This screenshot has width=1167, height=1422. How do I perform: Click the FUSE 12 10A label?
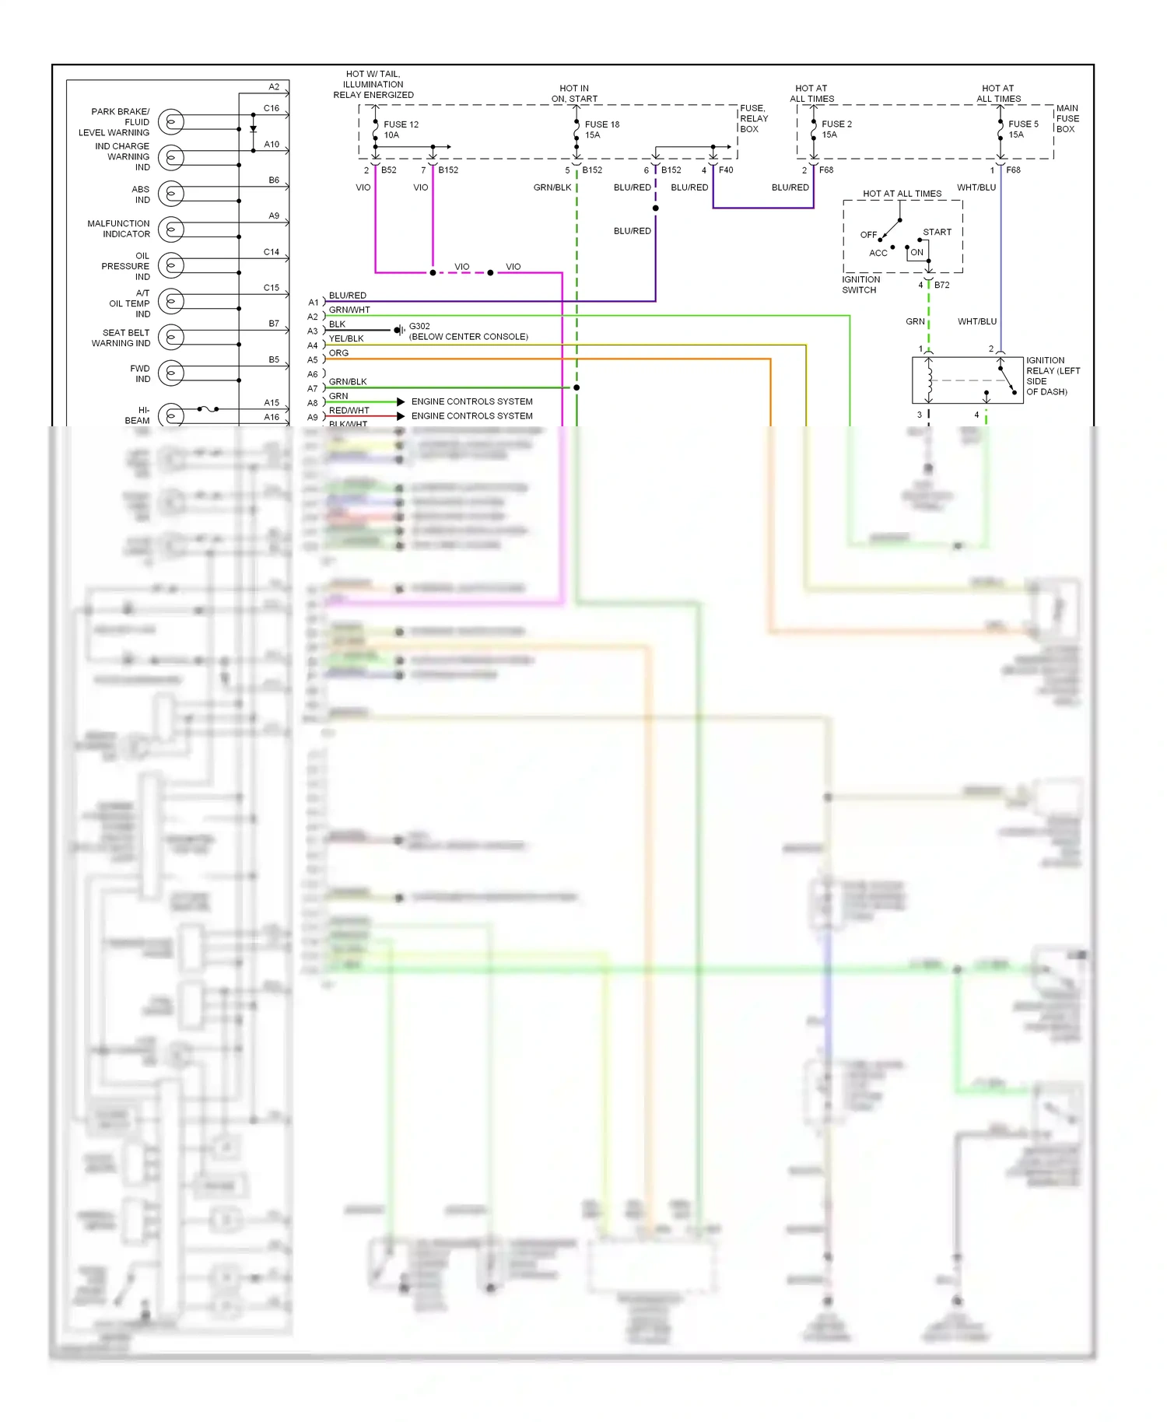[400, 129]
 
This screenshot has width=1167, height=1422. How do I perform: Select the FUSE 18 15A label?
[601, 129]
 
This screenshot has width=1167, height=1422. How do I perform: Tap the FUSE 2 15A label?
[836, 129]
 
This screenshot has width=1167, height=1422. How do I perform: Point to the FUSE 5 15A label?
[1022, 129]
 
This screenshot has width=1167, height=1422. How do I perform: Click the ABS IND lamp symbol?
[171, 193]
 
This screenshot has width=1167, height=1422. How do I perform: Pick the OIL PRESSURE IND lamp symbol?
[171, 265]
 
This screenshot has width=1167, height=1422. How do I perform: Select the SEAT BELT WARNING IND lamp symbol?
[171, 337]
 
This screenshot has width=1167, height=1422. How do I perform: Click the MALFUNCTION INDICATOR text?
[119, 229]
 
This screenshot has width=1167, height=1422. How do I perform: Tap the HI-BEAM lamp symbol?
[171, 415]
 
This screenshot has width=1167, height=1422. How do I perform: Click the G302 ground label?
[419, 326]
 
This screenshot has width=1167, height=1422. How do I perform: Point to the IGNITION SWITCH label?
[860, 285]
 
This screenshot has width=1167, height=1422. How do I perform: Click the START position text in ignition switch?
[937, 232]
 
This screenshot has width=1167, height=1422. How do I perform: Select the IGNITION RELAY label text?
[1052, 376]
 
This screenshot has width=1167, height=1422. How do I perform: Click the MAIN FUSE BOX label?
[1067, 119]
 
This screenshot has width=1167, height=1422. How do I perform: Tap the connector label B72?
[941, 285]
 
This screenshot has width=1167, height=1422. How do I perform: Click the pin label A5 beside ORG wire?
[313, 360]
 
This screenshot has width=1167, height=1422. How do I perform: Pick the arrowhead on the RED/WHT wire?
[401, 416]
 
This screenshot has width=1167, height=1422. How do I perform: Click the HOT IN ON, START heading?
[574, 93]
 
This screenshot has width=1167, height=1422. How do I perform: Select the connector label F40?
[725, 170]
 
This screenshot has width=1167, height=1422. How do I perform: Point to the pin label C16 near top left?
[271, 108]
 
